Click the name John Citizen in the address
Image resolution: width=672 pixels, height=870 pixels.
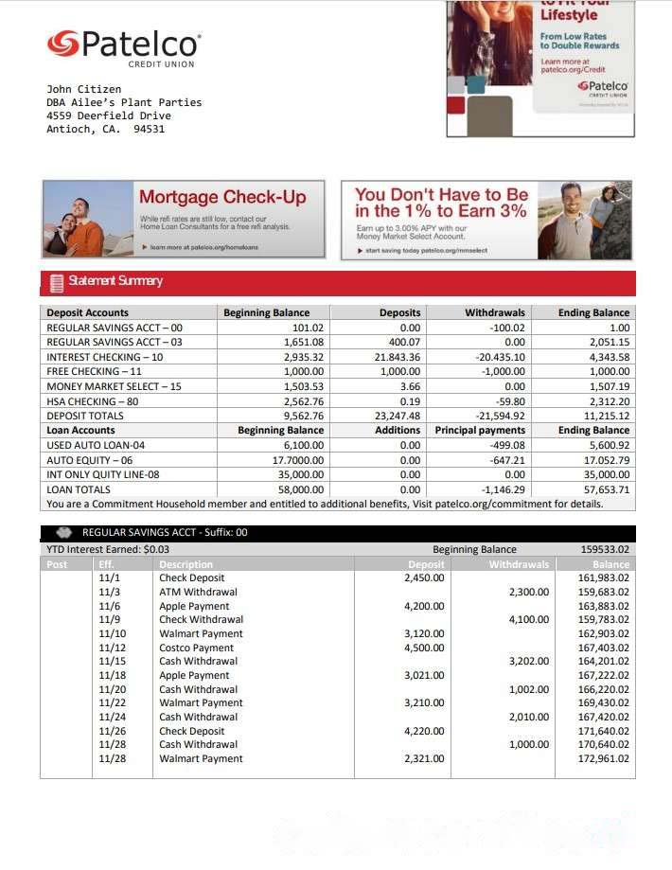[x=84, y=89]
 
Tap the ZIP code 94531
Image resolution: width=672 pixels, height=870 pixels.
[x=150, y=129]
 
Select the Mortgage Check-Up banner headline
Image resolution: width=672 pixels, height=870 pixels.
[x=222, y=197]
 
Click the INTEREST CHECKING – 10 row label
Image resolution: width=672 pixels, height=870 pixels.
[x=105, y=357]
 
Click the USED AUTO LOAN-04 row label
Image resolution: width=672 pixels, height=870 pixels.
[x=96, y=445]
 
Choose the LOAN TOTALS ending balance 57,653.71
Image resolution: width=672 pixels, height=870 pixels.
[x=607, y=489]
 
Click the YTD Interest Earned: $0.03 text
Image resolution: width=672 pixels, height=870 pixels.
[x=108, y=549]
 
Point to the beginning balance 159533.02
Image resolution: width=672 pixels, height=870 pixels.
[x=605, y=549]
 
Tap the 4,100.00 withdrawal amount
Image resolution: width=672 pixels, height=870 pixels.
[x=528, y=619]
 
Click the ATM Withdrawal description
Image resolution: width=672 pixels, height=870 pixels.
[x=198, y=592]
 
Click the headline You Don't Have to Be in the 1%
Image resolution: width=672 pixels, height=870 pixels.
[x=441, y=203]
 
